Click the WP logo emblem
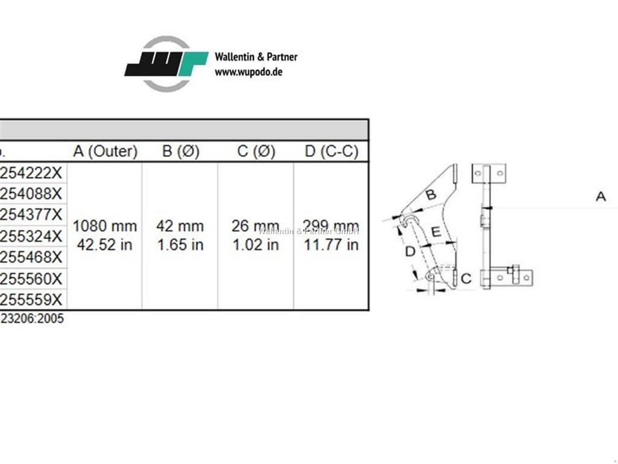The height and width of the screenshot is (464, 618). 166,64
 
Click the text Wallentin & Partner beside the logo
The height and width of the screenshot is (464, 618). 256,57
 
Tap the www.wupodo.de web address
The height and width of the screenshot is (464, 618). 249,71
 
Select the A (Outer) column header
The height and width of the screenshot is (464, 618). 105,151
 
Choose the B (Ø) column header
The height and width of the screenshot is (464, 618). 180,151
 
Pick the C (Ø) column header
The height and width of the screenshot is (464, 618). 256,151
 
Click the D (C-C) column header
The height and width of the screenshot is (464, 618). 331,151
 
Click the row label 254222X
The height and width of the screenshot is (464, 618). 31,173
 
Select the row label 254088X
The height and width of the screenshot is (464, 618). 31,194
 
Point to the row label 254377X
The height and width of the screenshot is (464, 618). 31,214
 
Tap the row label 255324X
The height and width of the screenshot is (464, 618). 31,236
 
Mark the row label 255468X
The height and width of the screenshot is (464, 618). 31,257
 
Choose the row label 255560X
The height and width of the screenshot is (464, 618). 31,279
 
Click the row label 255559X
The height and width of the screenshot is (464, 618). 31,300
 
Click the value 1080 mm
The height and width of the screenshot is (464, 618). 105,226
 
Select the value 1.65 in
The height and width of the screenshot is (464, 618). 180,245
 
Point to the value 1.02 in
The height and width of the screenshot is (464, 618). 255,245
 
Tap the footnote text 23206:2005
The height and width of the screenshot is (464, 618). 31,319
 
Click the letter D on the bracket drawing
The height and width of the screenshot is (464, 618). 410,251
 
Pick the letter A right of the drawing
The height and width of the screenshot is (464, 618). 600,196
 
